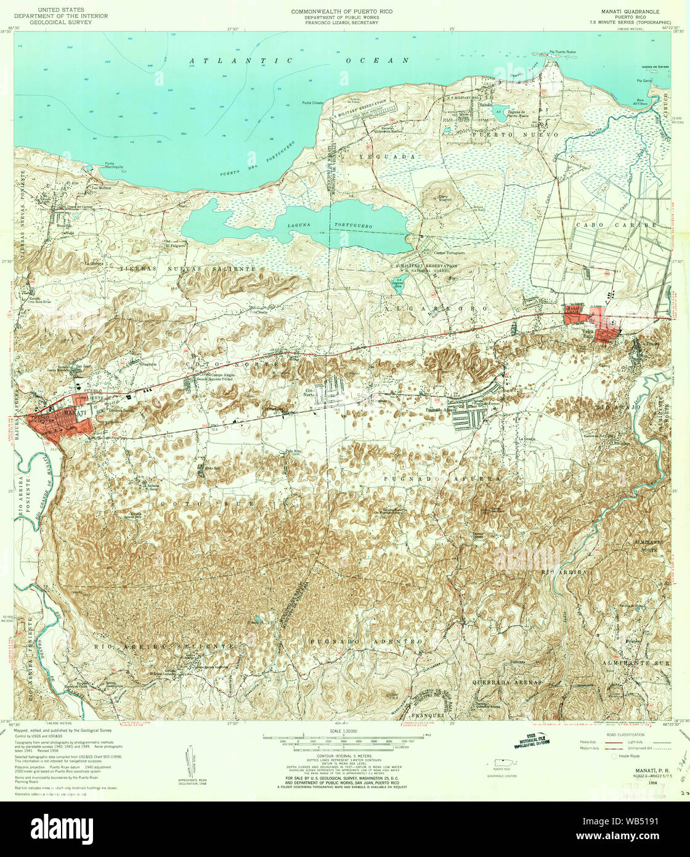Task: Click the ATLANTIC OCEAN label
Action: (x=299, y=60)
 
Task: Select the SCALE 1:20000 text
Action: (x=344, y=731)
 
